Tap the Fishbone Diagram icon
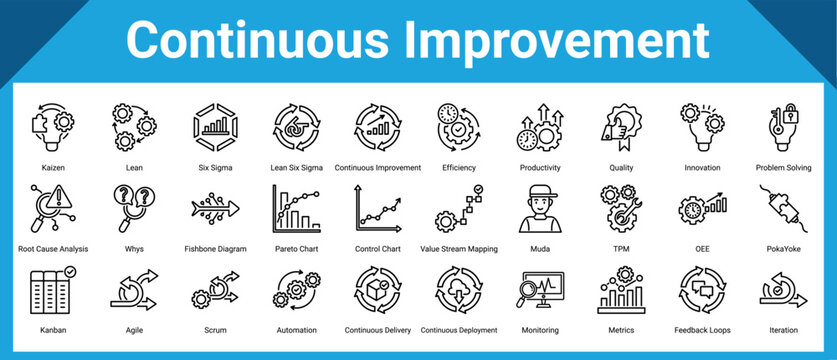(x=215, y=209)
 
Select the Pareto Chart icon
(x=295, y=207)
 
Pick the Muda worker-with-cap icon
(x=540, y=209)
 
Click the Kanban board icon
(x=54, y=290)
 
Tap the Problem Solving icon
(x=785, y=126)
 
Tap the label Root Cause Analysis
(x=54, y=249)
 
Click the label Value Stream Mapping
(x=459, y=249)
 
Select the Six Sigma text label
(x=215, y=168)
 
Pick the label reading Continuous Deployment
(x=459, y=330)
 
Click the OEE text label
(x=703, y=249)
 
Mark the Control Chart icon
(x=377, y=207)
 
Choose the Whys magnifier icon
(x=133, y=207)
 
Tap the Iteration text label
(x=785, y=330)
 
